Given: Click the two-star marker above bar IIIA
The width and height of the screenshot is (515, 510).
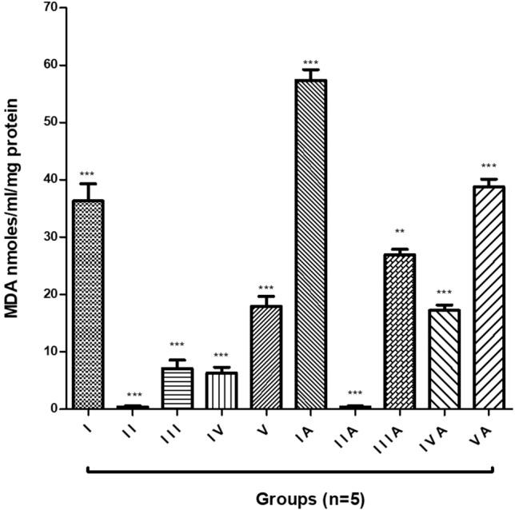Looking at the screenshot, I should (x=399, y=233).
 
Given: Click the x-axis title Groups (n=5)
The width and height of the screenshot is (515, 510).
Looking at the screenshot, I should (x=310, y=499).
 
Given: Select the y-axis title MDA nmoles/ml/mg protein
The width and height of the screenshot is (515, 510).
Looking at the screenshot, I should (x=14, y=208).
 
